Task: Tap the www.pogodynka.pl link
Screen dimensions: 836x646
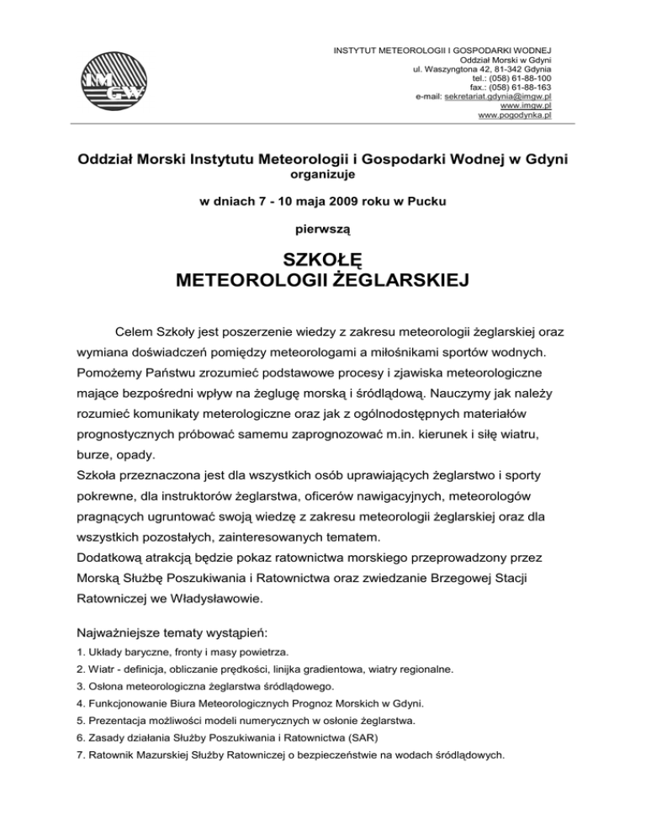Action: pos(514,116)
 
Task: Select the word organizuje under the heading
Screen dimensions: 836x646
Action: pos(323,175)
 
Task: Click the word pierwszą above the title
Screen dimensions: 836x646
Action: pos(323,227)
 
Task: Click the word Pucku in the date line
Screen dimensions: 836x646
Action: pos(429,201)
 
